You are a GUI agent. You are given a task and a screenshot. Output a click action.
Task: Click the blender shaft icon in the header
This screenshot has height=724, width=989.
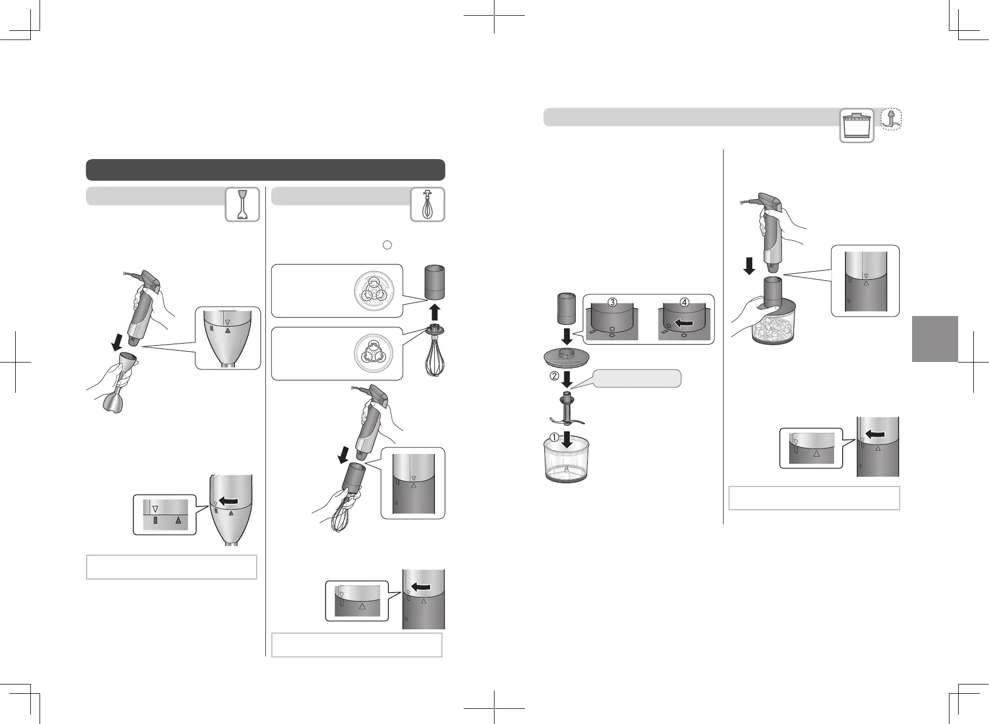click(243, 204)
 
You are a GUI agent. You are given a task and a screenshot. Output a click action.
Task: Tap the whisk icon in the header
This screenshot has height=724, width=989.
click(428, 204)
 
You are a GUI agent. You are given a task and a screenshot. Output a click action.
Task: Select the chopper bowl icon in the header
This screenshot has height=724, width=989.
click(857, 126)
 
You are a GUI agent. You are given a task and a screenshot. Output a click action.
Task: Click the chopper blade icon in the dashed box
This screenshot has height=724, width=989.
click(890, 120)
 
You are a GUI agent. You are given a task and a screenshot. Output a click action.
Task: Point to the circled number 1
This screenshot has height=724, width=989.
click(555, 437)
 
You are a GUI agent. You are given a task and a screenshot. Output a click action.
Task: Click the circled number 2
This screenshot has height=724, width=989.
click(555, 377)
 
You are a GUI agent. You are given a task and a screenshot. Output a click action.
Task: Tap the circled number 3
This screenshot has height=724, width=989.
click(612, 302)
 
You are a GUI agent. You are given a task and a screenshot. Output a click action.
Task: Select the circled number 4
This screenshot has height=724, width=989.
click(685, 302)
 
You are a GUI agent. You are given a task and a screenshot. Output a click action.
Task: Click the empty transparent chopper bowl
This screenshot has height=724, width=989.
click(567, 459)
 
